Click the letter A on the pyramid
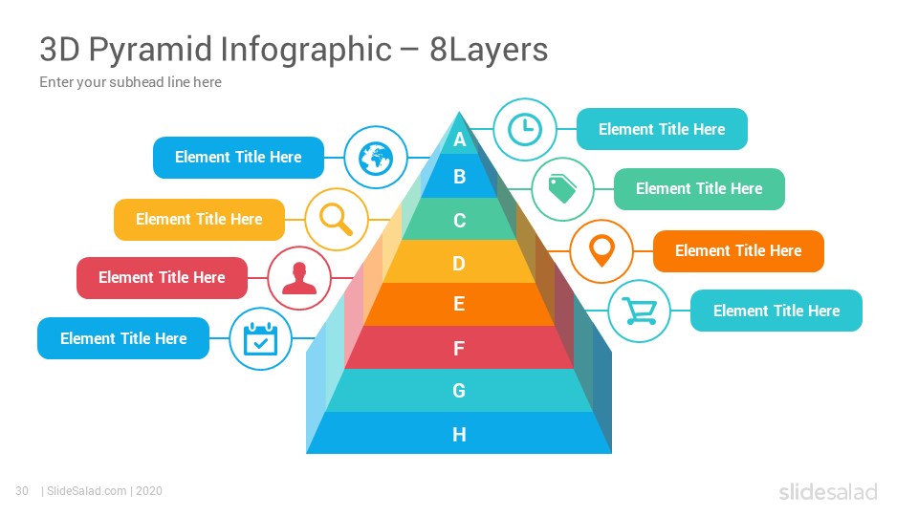point(460,140)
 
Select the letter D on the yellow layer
point(459,264)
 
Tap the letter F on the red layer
point(459,349)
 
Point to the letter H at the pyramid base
point(459,434)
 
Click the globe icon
point(375,158)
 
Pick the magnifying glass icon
point(336,220)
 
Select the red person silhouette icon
point(299,278)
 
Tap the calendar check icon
point(260,338)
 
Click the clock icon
point(525,129)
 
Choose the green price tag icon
point(562,189)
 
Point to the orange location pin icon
point(601,251)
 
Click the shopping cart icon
point(639,311)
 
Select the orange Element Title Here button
point(738,251)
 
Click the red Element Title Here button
point(163,277)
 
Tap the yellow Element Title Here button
point(199,219)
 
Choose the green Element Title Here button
point(699,188)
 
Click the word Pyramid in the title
point(150,49)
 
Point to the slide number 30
point(22,491)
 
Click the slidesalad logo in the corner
point(828,491)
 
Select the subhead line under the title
point(131,82)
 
